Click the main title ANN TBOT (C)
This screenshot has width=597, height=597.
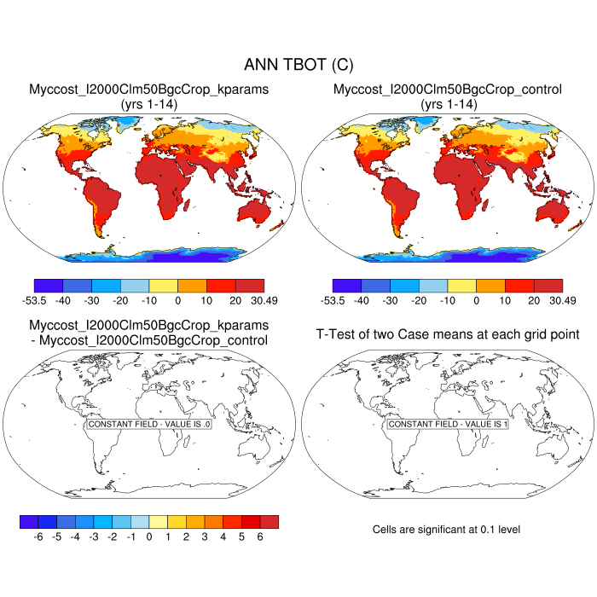298,65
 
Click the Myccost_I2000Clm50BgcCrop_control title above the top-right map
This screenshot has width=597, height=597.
448,89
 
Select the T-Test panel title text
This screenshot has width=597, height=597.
448,333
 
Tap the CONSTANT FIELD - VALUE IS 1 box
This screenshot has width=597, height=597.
448,424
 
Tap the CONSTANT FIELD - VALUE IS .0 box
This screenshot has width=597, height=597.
149,424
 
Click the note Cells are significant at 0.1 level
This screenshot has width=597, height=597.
446,530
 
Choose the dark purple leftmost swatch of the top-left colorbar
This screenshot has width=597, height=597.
49,286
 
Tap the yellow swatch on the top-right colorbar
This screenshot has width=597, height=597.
461,286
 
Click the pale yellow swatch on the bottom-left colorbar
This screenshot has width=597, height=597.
158,522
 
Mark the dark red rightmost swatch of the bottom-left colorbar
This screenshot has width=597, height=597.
269,522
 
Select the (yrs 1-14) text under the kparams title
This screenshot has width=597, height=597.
149,103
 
